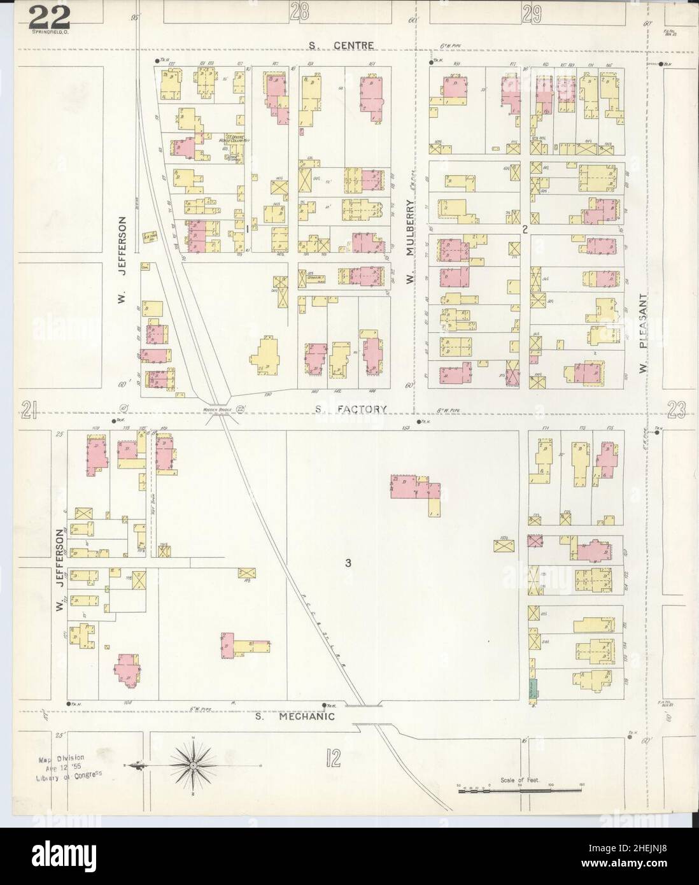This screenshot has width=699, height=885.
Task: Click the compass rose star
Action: coord(192,764)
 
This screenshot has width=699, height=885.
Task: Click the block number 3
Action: coord(348,562)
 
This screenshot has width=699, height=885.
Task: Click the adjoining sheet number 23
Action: coord(676,412)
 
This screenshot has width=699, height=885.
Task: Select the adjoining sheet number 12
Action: coord(332,758)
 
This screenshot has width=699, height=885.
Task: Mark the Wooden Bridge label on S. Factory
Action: coord(214,409)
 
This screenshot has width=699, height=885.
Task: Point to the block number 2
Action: coord(525,230)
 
